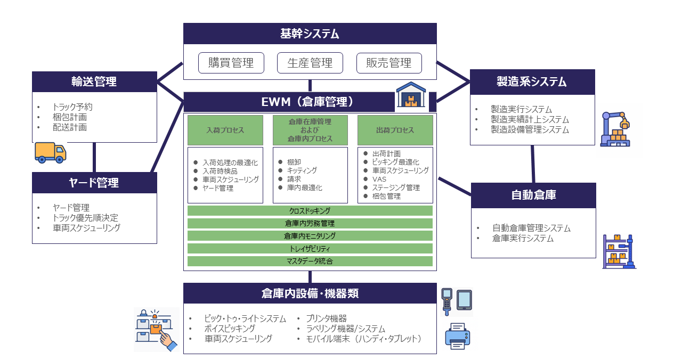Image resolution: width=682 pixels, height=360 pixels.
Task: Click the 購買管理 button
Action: [231, 63]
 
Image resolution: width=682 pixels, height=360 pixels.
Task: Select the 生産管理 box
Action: [310, 63]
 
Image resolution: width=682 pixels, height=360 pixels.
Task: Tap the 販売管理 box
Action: [389, 63]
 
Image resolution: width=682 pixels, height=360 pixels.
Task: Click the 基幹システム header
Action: [310, 34]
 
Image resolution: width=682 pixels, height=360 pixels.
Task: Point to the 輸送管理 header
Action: [94, 81]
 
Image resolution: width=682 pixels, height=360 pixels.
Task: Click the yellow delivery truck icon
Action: [50, 152]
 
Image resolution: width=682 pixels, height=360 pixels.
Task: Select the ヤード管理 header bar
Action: [94, 183]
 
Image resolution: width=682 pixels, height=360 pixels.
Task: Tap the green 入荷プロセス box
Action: [225, 130]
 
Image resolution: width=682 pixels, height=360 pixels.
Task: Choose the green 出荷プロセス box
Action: [394, 130]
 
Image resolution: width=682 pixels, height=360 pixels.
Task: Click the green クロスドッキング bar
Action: [310, 211]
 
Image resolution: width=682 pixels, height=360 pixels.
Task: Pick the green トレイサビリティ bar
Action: [310, 249]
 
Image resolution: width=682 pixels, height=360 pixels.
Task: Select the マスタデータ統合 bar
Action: [310, 261]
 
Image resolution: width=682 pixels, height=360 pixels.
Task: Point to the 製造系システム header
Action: [532, 81]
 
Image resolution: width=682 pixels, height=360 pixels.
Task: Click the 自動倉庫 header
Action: [533, 195]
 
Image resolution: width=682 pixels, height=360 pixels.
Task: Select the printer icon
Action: [457, 337]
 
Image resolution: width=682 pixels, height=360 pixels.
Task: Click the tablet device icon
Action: [464, 300]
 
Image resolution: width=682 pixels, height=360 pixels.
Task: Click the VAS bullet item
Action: [379, 179]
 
